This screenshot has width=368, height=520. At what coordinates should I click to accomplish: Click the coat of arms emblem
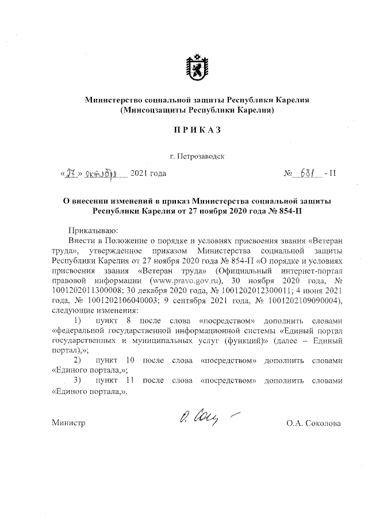click(198, 67)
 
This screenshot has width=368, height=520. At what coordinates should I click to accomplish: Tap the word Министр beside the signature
click(68, 423)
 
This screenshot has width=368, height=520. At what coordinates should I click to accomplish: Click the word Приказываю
click(93, 229)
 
